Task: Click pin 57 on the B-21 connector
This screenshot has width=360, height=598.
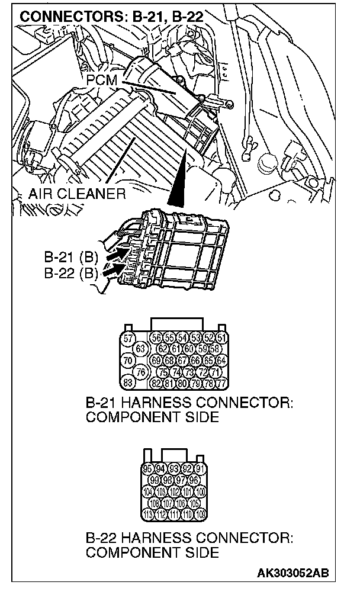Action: point(126,339)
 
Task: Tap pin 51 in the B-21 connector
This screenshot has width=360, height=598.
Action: point(221,338)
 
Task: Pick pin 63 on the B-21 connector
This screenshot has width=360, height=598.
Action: point(140,349)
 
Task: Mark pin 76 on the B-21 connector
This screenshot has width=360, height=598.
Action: point(140,371)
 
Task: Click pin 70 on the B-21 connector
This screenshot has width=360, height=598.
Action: point(126,360)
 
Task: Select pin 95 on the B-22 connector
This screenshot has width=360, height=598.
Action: point(147,469)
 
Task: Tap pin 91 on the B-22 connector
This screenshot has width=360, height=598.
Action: point(200,469)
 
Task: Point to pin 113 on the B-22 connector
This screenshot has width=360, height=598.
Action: point(147,513)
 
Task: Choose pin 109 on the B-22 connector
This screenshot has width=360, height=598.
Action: point(200,513)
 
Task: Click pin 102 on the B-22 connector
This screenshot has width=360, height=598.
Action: point(174,491)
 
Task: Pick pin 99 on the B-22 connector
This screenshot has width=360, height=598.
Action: point(155,480)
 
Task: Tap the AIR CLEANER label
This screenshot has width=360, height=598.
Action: point(76,194)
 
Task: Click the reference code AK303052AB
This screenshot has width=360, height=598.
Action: point(292,573)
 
